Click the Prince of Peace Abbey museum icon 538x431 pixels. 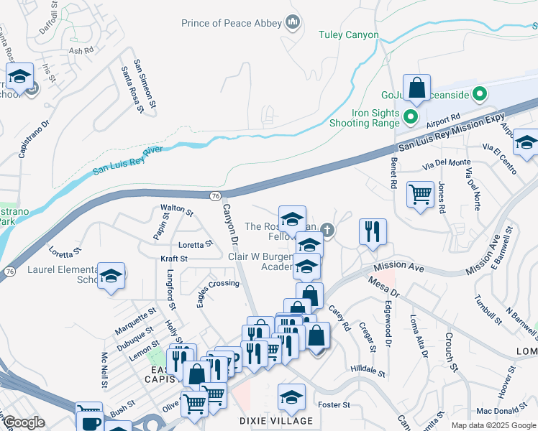coord(293,24)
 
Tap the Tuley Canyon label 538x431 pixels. coord(349,34)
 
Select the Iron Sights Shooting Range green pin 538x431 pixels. coord(411,117)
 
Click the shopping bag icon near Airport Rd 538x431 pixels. coord(416,89)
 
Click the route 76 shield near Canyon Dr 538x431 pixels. coord(216,196)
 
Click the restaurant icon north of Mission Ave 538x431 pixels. coord(373,232)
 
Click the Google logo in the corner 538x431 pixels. coord(23,422)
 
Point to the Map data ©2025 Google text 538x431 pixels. coord(493,425)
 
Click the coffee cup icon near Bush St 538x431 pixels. coord(90,420)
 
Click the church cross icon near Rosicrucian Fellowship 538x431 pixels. coord(327,230)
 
